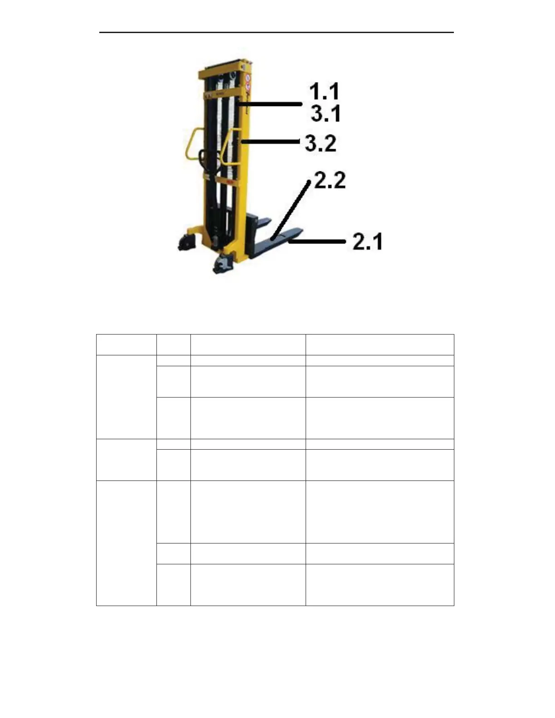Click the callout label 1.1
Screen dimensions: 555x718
[324, 92]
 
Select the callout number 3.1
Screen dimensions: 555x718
[326, 114]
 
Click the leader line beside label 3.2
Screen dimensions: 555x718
[270, 142]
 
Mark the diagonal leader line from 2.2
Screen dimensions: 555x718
[291, 209]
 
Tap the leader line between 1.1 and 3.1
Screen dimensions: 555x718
[269, 104]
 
